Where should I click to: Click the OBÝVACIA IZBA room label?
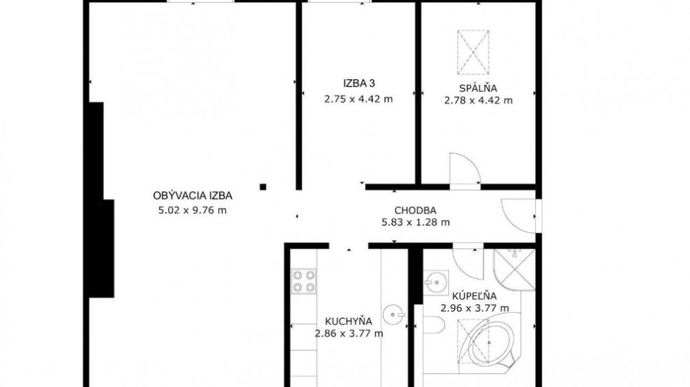click(x=192, y=196)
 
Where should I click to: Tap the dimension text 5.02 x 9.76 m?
click(x=192, y=210)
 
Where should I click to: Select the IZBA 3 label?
click(x=359, y=83)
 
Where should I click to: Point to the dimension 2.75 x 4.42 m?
click(x=359, y=99)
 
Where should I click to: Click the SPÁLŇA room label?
click(x=478, y=87)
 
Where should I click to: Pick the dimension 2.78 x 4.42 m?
click(x=479, y=101)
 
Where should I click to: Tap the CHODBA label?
click(x=415, y=211)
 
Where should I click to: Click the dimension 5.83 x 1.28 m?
click(x=415, y=222)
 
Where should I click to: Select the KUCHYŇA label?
click(x=348, y=321)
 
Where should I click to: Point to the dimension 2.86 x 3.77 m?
click(x=349, y=334)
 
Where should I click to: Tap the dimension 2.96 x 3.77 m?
click(x=475, y=308)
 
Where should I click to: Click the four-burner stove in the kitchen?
click(x=304, y=282)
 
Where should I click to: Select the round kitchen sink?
click(x=394, y=315)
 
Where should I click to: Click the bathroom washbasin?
click(x=437, y=282)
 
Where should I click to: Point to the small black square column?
click(x=263, y=187)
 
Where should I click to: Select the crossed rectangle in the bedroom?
click(x=473, y=52)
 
